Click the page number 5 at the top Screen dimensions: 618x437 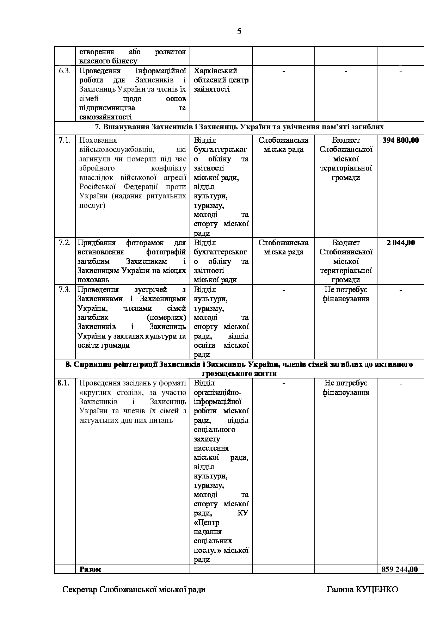point(239,32)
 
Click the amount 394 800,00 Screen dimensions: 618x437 point(401,140)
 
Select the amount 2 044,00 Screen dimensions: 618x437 point(401,243)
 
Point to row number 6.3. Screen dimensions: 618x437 point(65,71)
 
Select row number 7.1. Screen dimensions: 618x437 point(65,140)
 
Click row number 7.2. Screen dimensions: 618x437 point(65,243)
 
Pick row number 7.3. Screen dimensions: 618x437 point(65,290)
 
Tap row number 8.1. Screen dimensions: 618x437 point(63,383)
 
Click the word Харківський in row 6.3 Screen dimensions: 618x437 point(215,71)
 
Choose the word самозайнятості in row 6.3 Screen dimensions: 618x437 point(105,117)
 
